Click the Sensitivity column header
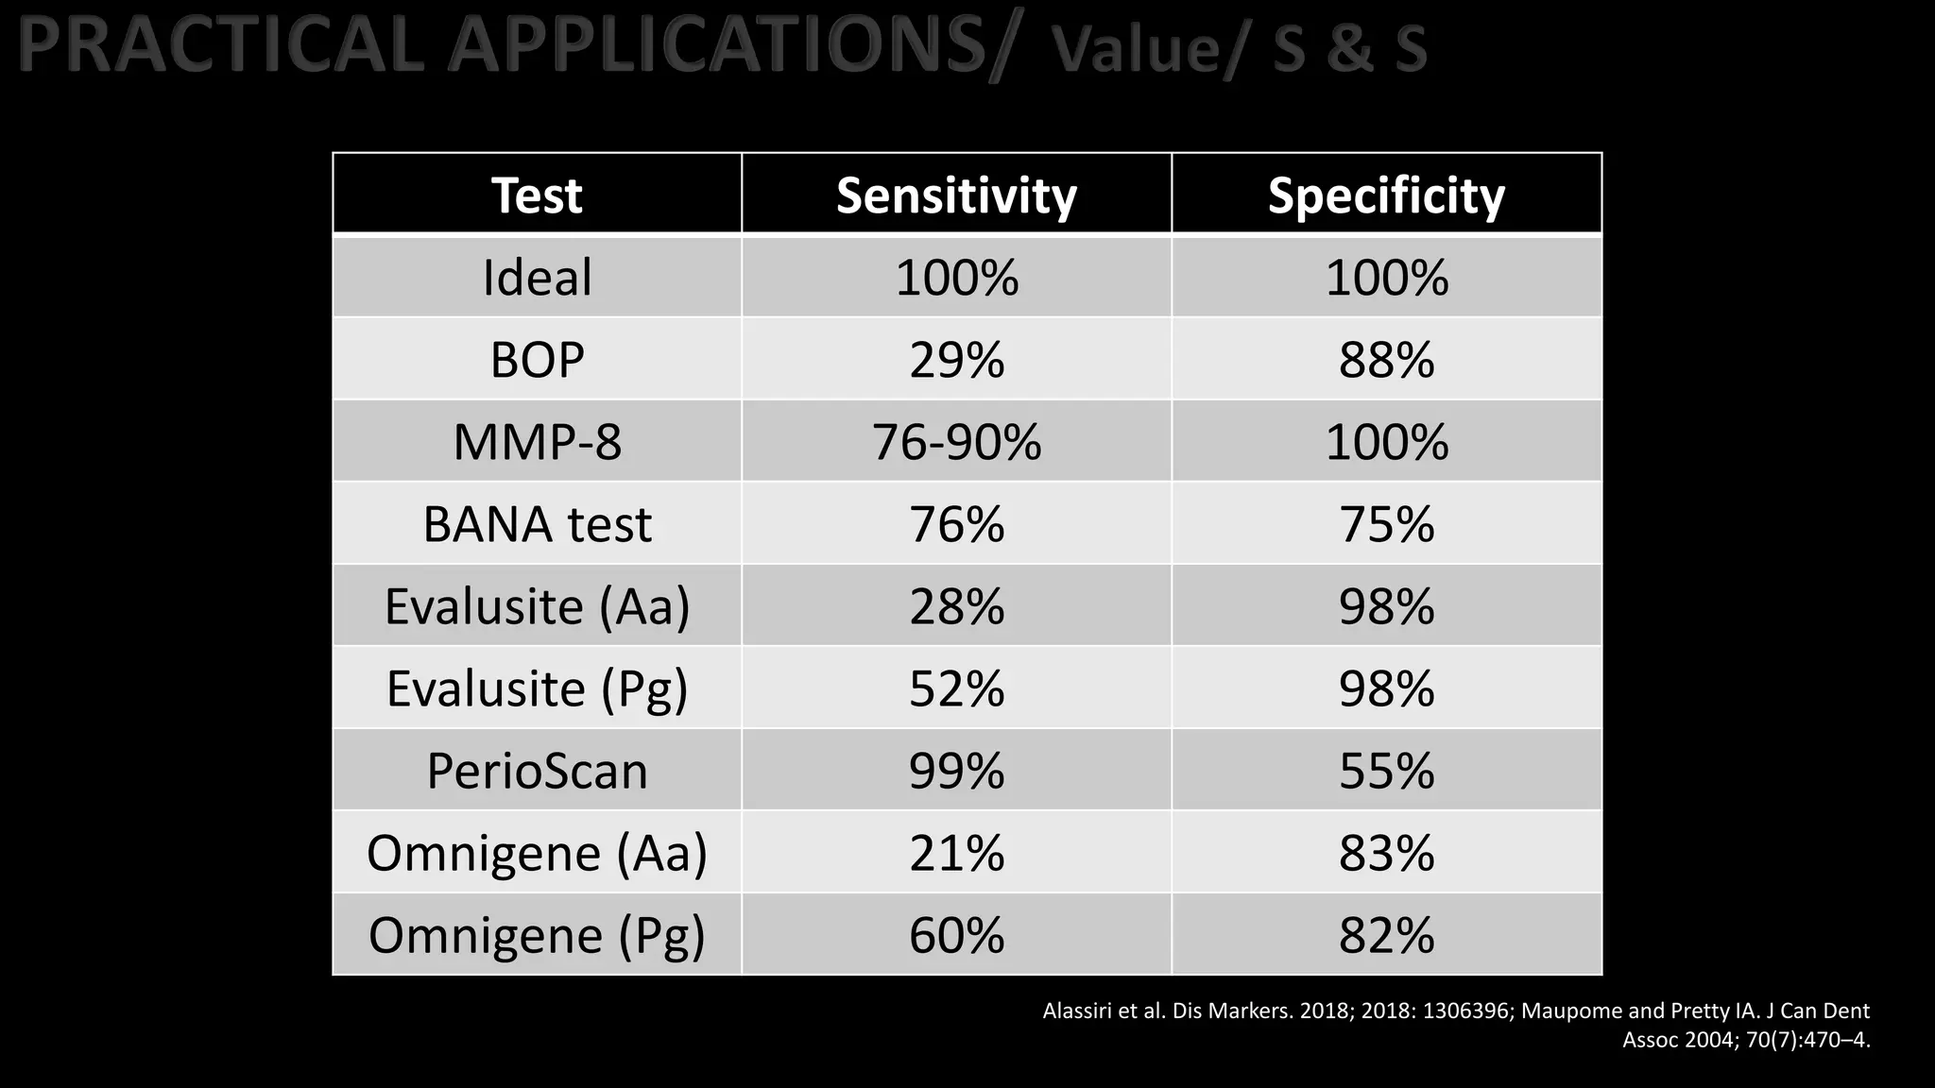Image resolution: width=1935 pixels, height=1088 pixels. [x=956, y=195]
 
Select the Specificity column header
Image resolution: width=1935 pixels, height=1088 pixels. [x=1386, y=195]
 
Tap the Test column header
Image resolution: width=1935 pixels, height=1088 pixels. [x=537, y=195]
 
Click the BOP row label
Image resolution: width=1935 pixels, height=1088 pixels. [x=537, y=360]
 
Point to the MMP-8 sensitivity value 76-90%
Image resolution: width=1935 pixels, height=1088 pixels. [x=956, y=442]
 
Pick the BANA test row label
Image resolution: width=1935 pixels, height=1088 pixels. [x=537, y=524]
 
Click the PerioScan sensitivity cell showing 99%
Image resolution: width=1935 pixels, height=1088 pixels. [x=956, y=771]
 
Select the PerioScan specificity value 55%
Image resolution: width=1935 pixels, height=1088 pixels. [x=1386, y=771]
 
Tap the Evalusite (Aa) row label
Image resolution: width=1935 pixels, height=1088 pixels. [x=537, y=606]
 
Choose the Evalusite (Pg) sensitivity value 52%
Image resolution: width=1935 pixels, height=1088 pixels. [x=956, y=688]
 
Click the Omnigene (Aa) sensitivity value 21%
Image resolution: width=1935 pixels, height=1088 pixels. [x=956, y=853]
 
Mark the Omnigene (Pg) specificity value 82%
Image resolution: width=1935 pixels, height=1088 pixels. [x=1386, y=935]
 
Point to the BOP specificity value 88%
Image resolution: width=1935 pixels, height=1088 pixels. [x=1386, y=360]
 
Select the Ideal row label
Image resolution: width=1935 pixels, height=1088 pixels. [x=537, y=278]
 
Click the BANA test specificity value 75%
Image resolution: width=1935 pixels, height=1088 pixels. [x=1386, y=524]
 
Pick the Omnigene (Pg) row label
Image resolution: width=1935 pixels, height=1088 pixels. [x=537, y=935]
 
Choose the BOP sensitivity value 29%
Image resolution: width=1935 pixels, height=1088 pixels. [x=956, y=360]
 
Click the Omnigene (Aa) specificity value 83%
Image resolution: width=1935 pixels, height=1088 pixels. [x=1386, y=853]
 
